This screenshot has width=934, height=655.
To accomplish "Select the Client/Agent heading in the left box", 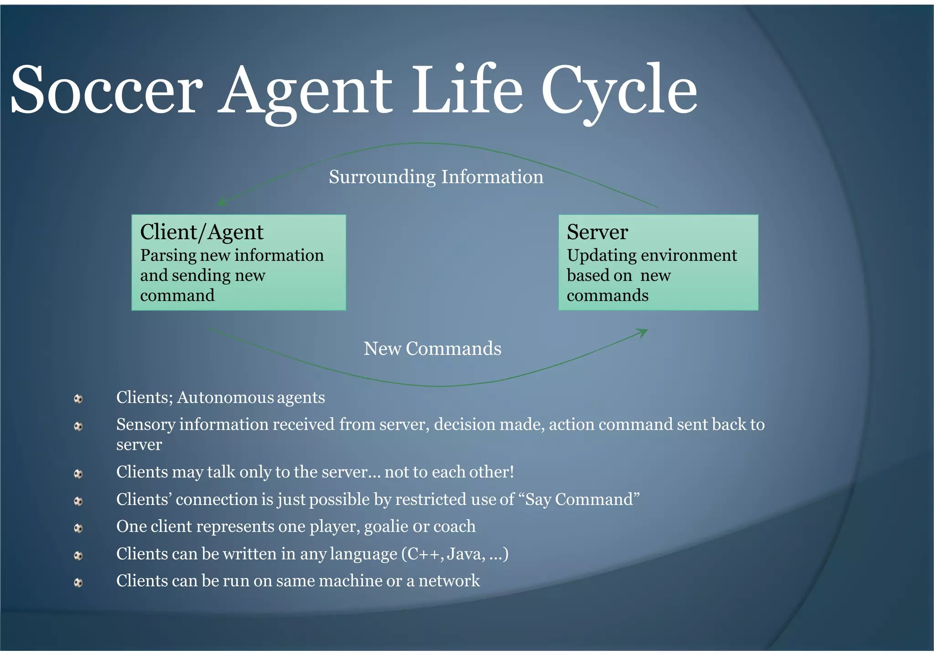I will point(202,232).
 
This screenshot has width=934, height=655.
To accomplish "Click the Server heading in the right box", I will point(597,232).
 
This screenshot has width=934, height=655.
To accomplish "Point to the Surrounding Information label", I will point(436,177).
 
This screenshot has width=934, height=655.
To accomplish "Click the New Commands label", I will point(432,349).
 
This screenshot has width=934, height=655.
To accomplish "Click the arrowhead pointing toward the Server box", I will point(643,332).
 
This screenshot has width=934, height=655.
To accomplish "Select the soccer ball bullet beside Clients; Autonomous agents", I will point(78,399).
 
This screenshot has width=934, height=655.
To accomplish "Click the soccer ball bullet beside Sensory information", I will point(78,426).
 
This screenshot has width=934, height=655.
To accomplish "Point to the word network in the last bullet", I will point(449,581).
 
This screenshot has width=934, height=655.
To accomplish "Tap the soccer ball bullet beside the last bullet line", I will point(78,583).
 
